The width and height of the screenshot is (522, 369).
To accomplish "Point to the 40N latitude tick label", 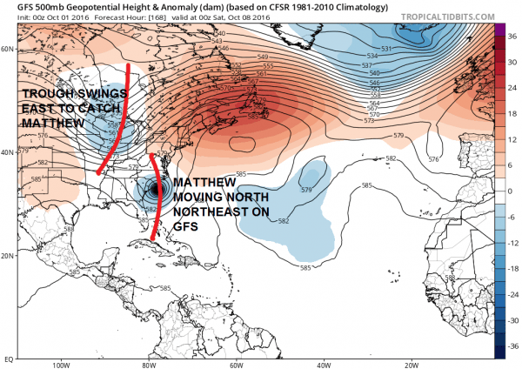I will click(9, 152).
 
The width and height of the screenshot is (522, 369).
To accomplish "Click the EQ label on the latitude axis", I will click(8, 358).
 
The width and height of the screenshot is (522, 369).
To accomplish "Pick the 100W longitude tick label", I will click(60, 365).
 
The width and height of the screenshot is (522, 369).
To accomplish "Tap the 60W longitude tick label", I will click(236, 365).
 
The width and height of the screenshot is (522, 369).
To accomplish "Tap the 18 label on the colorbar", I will click(512, 110).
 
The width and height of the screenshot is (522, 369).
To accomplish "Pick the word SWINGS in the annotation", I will click(87, 93).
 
